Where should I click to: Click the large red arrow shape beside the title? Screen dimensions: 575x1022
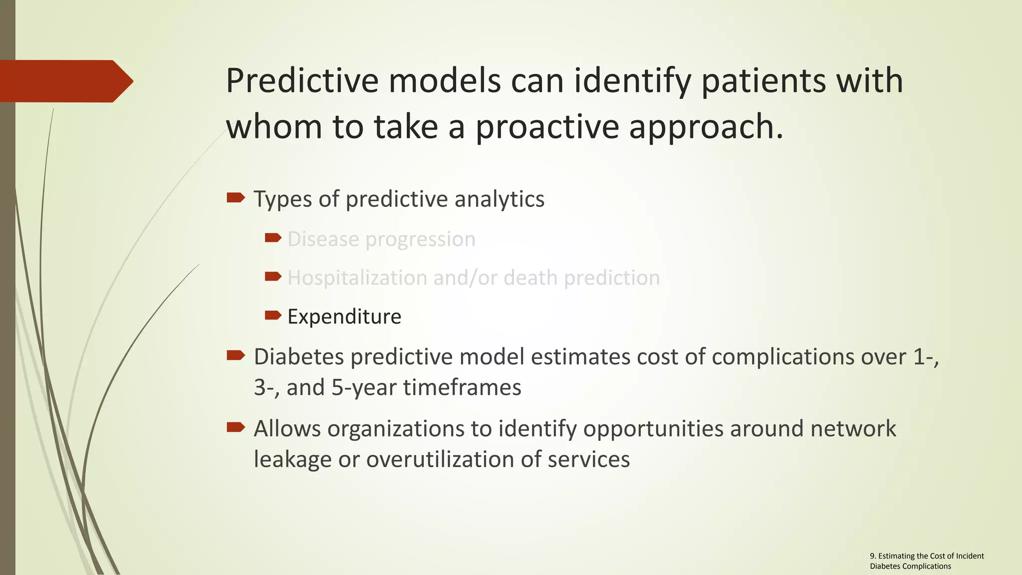[65, 81]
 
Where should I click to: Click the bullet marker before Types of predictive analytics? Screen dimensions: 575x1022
[236, 198]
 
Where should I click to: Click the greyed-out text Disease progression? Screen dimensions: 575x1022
[381, 239]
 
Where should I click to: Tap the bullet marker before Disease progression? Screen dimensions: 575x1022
[273, 238]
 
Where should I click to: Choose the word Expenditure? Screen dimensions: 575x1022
[344, 317]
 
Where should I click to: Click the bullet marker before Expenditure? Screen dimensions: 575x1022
[273, 315]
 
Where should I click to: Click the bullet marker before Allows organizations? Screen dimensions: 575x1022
[236, 427]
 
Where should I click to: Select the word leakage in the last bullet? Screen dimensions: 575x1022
[292, 460]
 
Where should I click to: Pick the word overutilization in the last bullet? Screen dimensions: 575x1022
[440, 460]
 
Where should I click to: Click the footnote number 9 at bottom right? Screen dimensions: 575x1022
[872, 556]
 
